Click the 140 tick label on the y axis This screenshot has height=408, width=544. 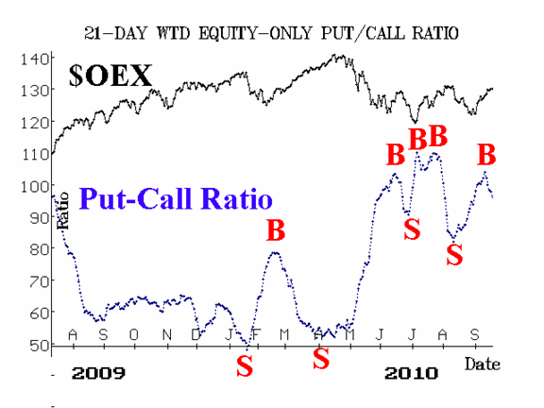[x=35, y=59]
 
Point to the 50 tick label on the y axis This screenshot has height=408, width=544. [x=40, y=346]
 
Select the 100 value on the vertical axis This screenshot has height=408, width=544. [x=35, y=187]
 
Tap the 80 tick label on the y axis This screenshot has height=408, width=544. [x=40, y=249]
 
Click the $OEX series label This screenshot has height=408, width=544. [x=110, y=76]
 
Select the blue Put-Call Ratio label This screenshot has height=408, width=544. [x=176, y=198]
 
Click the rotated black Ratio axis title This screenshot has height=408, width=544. [x=62, y=211]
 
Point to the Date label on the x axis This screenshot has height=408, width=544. [x=483, y=364]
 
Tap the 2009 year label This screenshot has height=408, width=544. [x=98, y=373]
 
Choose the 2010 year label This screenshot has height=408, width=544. [x=411, y=373]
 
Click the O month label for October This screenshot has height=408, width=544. [x=134, y=334]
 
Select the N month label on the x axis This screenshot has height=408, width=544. [x=167, y=334]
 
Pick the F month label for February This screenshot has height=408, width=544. [x=256, y=334]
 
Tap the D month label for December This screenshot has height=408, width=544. [x=196, y=334]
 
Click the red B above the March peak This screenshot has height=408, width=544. [x=276, y=230]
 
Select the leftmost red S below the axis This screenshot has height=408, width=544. [x=245, y=366]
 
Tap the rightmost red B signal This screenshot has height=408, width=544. [x=486, y=155]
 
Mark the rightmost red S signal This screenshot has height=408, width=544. [x=454, y=254]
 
